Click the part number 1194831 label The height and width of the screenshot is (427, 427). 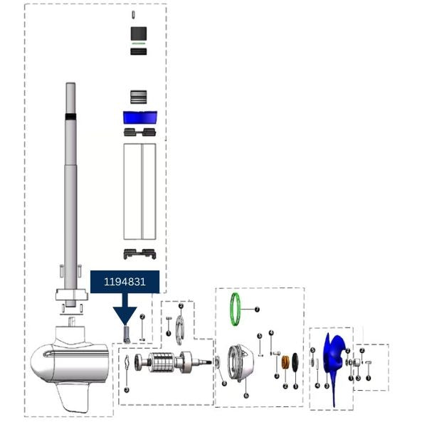pos(125,282)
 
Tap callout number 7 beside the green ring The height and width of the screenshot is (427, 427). pos(257,310)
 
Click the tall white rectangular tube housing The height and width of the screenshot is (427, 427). pos(139,191)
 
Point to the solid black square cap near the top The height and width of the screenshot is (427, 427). pos(139,33)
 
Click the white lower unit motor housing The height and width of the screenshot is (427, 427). pos(64,363)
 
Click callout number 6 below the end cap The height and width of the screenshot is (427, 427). pos(246,395)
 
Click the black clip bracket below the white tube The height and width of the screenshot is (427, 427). pos(139,254)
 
